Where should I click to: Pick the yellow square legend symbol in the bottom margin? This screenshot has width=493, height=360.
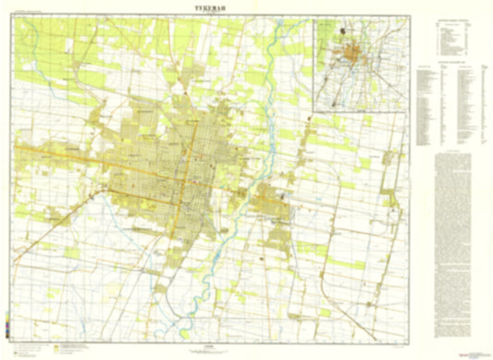pyautogui.click(x=56, y=330)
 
